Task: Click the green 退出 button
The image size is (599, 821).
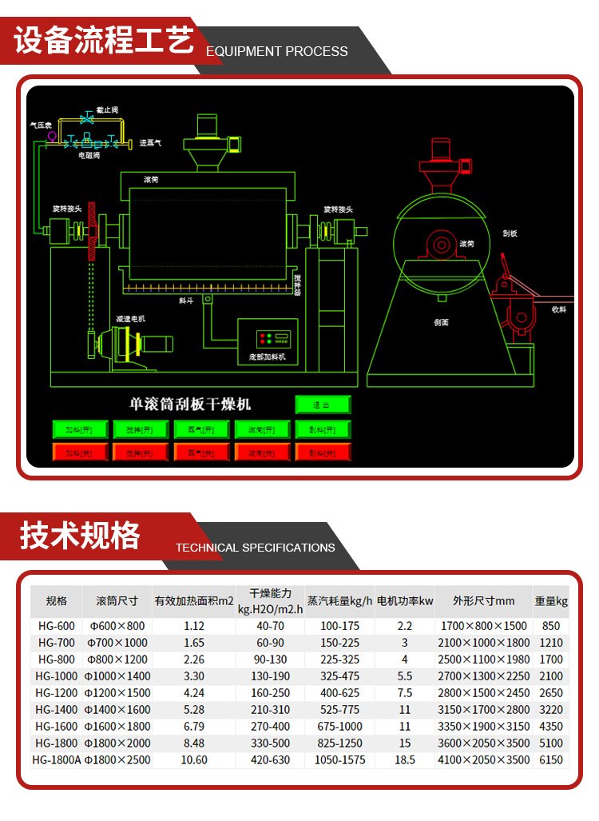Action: (x=323, y=405)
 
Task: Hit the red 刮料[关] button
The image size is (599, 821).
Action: (x=323, y=452)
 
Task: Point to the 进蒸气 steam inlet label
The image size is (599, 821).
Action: (x=151, y=143)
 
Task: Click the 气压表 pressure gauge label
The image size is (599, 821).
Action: (x=41, y=125)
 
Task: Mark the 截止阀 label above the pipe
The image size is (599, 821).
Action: (x=107, y=110)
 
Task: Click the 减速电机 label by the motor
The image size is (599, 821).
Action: (x=130, y=318)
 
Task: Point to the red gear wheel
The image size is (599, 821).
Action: (x=93, y=232)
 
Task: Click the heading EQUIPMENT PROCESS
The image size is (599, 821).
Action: (x=277, y=51)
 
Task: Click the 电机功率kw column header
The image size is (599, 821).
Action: (x=405, y=600)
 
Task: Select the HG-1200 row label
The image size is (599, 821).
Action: (x=56, y=693)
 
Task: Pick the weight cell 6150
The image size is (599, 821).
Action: (x=551, y=760)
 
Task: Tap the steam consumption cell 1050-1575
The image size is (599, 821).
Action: (x=339, y=760)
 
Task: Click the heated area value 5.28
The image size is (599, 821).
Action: (x=194, y=710)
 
